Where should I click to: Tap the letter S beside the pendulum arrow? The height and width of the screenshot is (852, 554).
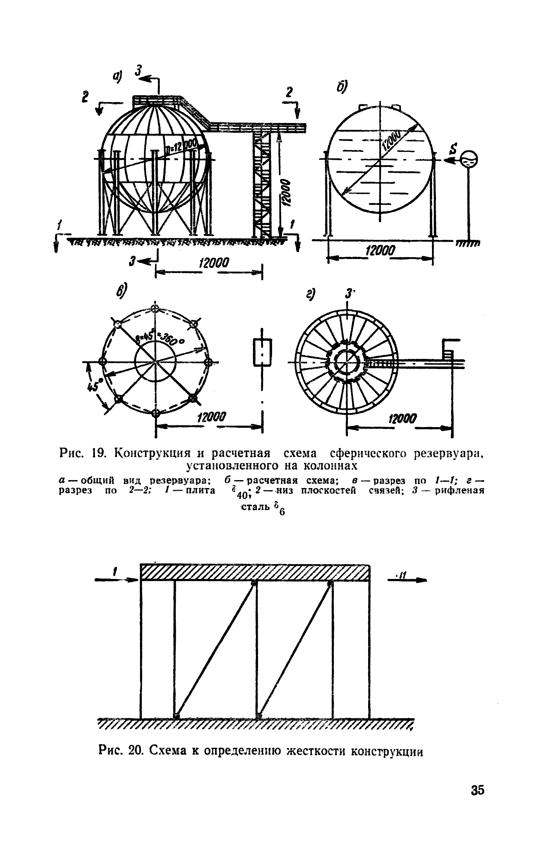click(454, 148)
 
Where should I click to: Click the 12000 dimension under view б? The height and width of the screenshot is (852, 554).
click(381, 251)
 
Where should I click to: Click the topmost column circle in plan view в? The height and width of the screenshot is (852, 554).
click(155, 309)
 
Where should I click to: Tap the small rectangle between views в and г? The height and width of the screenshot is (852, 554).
click(262, 352)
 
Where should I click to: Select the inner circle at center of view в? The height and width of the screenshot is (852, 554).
click(155, 361)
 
